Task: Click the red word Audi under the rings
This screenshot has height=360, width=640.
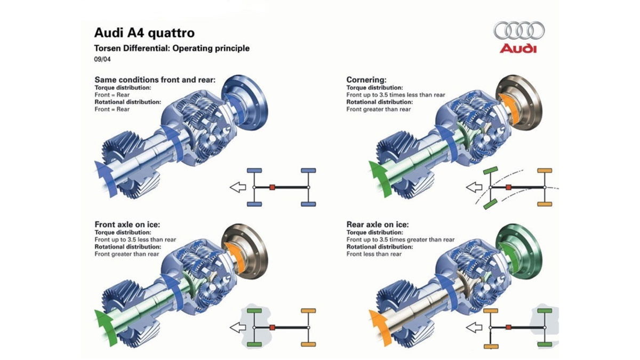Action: pyautogui.click(x=518, y=49)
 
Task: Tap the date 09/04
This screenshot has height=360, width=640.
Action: pyautogui.click(x=102, y=59)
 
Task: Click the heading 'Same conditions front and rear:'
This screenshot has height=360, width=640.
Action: pyautogui.click(x=155, y=79)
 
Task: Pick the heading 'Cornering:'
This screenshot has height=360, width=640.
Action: pyautogui.click(x=366, y=79)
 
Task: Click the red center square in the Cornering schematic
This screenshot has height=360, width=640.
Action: pyautogui.click(x=509, y=187)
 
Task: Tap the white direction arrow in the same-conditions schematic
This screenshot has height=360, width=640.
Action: pyautogui.click(x=237, y=187)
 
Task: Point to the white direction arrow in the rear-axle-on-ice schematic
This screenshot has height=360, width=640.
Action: pyautogui.click(x=474, y=326)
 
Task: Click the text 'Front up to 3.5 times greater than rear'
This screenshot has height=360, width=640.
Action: pyautogui.click(x=401, y=240)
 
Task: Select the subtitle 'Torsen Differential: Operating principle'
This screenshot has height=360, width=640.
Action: pyautogui.click(x=171, y=48)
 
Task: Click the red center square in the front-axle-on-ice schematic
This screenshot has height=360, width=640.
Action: pyautogui.click(x=272, y=326)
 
